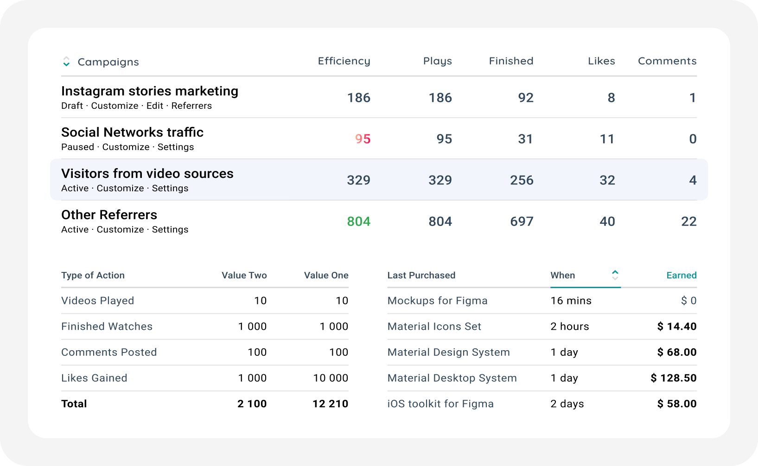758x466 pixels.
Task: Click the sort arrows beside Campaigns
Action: pos(66,62)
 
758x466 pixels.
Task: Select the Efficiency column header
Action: pos(344,61)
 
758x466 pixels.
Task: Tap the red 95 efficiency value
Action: pos(363,139)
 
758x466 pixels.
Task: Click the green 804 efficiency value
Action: pos(359,221)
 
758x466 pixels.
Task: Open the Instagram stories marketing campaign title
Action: pos(150,91)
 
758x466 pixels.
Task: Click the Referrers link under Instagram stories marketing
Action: pos(191,106)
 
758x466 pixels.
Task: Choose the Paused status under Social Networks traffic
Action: pos(77,147)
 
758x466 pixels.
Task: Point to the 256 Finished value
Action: pos(522,180)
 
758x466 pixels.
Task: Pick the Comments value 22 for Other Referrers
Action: pos(688,221)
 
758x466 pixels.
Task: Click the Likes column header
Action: pos(601,61)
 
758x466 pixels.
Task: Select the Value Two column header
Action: pos(244,275)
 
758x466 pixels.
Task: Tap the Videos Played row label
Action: pos(97,301)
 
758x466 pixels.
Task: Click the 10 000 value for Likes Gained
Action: pos(331,378)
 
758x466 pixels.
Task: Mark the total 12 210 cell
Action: pos(330,404)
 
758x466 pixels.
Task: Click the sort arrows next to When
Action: pos(615,275)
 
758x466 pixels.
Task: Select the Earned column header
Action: pos(682,275)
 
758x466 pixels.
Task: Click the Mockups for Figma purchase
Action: pos(437,301)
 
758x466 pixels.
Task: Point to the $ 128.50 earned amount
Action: pos(674,378)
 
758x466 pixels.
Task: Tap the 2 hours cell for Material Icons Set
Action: pos(569,326)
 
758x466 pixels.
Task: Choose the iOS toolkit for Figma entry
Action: pos(440,404)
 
